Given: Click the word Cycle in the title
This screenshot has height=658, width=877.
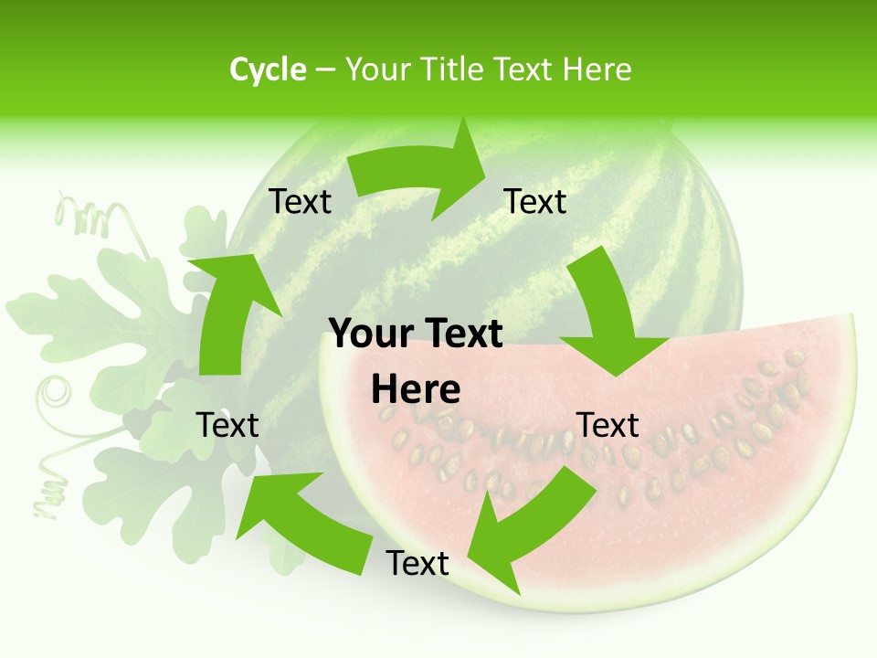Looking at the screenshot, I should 268,69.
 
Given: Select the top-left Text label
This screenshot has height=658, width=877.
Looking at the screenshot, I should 300,202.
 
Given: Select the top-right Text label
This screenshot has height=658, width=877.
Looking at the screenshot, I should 535,202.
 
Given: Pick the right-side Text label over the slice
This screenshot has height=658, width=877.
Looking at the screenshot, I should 608,425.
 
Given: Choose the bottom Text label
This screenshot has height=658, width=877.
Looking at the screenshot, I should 417,563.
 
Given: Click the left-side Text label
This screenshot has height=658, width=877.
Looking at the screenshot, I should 227,425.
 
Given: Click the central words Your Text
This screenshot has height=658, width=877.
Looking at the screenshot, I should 416,334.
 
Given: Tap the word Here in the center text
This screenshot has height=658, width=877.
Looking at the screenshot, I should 416,390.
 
